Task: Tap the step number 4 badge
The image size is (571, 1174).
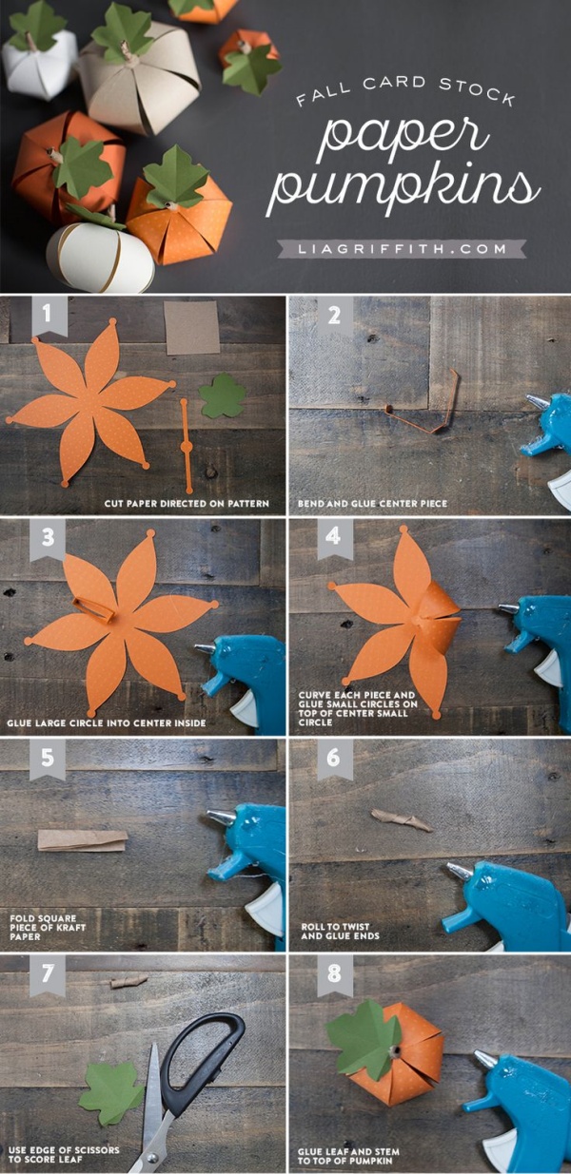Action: point(334,537)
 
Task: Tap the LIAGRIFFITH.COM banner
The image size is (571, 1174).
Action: point(401,249)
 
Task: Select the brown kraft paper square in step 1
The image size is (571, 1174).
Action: point(191,328)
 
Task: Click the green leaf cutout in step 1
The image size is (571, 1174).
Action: point(223,396)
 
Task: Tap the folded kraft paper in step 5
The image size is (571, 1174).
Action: point(83,840)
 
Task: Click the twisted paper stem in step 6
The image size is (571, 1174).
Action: point(401,819)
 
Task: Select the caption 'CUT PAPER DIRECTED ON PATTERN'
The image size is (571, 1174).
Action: point(187,503)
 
